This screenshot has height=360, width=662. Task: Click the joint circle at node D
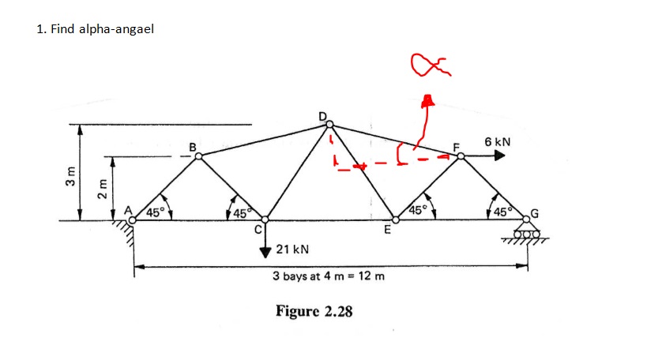pos(330,124)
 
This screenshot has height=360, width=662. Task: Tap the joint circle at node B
pos(198,156)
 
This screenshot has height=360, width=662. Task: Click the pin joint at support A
pos(133,220)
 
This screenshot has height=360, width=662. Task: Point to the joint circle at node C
pos(265,220)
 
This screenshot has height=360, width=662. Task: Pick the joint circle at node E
pos(396,220)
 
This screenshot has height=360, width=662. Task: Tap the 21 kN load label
pos(292,249)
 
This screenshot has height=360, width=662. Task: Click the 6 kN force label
pos(498,141)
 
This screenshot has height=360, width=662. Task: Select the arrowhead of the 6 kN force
pos(499,156)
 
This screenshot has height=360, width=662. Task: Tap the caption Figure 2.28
pos(314,310)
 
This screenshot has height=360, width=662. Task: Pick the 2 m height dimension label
pos(100,190)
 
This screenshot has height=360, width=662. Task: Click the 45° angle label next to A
pos(156,212)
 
